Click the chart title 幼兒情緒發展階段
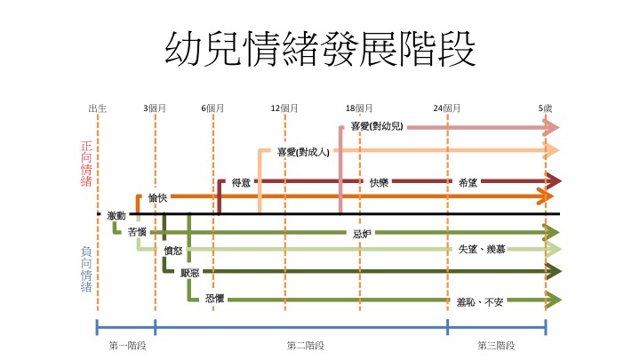tap(320, 50)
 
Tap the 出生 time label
tap(98, 108)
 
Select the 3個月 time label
tap(155, 108)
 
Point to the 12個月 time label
tap(284, 108)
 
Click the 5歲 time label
tap(545, 108)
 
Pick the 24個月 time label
tap(447, 108)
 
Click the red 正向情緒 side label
tap(86, 164)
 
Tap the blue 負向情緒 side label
tap(86, 269)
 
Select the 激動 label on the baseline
tap(116, 215)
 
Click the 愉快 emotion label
tap(157, 198)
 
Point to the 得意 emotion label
tap(241, 182)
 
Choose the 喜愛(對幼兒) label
tap(377, 126)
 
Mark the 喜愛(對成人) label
tap(303, 152)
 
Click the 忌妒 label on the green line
tap(362, 234)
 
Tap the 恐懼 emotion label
tap(215, 299)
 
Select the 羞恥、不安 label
tap(480, 302)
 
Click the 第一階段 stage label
tap(127, 346)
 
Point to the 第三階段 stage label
tap(496, 346)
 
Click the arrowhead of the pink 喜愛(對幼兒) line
tap(551, 127)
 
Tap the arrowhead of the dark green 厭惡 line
tap(554, 271)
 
